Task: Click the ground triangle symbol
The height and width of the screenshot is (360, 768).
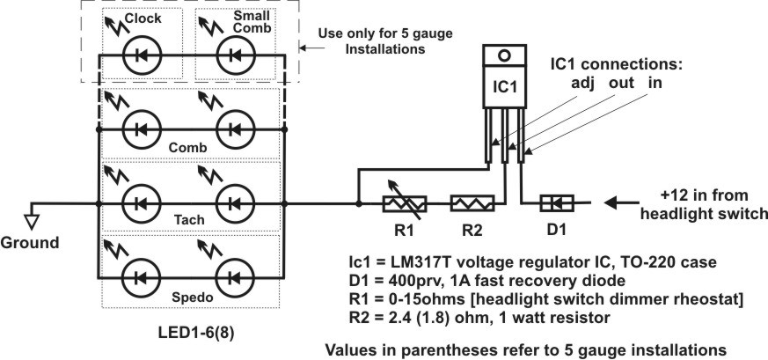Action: pyautogui.click(x=32, y=223)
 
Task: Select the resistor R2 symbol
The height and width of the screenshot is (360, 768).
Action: pyautogui.click(x=472, y=202)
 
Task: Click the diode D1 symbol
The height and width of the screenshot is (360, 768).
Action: pyautogui.click(x=557, y=202)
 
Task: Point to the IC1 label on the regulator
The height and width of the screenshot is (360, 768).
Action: pyautogui.click(x=504, y=86)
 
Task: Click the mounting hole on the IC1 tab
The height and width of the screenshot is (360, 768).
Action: pyautogui.click(x=504, y=55)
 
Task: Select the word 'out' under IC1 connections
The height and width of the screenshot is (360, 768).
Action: pyautogui.click(x=622, y=84)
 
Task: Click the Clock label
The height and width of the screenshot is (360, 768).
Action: pyautogui.click(x=143, y=18)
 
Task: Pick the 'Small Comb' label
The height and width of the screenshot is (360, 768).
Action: pyautogui.click(x=252, y=23)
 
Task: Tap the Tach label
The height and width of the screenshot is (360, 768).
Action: pyautogui.click(x=189, y=220)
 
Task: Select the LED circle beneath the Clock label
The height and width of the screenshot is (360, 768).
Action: pyautogui.click(x=142, y=55)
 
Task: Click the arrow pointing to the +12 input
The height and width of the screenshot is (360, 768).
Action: pyautogui.click(x=621, y=202)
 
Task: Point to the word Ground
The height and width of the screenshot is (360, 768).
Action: pyautogui.click(x=29, y=242)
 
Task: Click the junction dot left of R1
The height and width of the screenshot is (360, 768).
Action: pyautogui.click(x=359, y=203)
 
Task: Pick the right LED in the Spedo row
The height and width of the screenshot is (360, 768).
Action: pyautogui.click(x=236, y=278)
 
